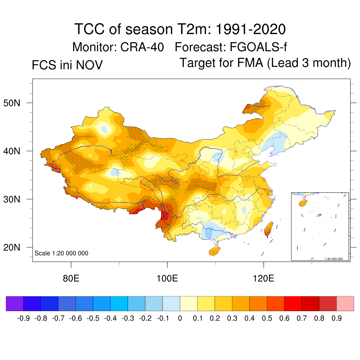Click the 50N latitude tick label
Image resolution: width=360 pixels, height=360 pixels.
click(x=15, y=103)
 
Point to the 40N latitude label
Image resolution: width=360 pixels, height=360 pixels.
click(x=15, y=151)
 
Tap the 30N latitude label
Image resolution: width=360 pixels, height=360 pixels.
click(x=15, y=199)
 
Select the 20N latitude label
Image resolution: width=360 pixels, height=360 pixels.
click(x=15, y=247)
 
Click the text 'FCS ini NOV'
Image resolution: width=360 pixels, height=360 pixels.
click(x=67, y=65)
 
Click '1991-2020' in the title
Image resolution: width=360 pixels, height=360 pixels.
click(x=250, y=29)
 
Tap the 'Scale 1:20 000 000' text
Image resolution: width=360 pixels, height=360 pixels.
click(x=62, y=253)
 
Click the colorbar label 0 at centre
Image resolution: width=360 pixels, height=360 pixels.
click(x=180, y=319)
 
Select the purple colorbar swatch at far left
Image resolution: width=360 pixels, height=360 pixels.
click(x=15, y=303)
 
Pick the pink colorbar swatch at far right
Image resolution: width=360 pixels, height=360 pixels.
click(x=345, y=303)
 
